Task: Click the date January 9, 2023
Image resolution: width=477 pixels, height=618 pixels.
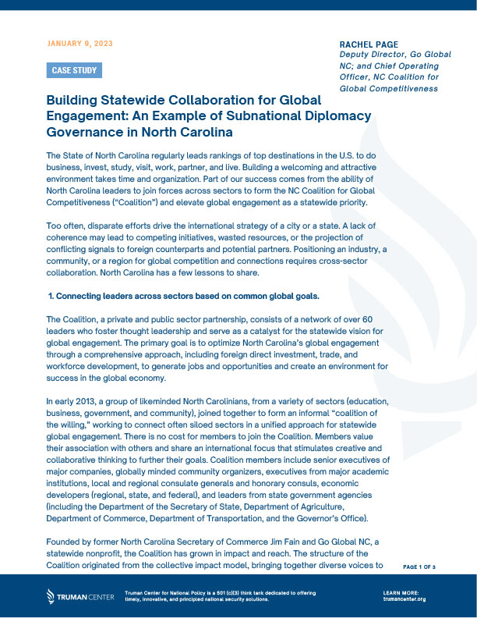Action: pos(80,43)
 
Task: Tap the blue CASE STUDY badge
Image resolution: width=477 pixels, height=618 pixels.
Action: pos(74,71)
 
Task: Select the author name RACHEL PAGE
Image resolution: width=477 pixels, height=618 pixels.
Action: pos(369,44)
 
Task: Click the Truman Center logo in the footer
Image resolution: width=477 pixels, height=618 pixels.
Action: pos(78,597)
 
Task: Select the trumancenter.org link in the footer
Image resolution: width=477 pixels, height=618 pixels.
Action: pos(405,599)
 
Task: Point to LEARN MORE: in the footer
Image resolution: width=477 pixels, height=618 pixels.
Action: pos(402,593)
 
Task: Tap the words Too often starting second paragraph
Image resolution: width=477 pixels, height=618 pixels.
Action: pos(65,226)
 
